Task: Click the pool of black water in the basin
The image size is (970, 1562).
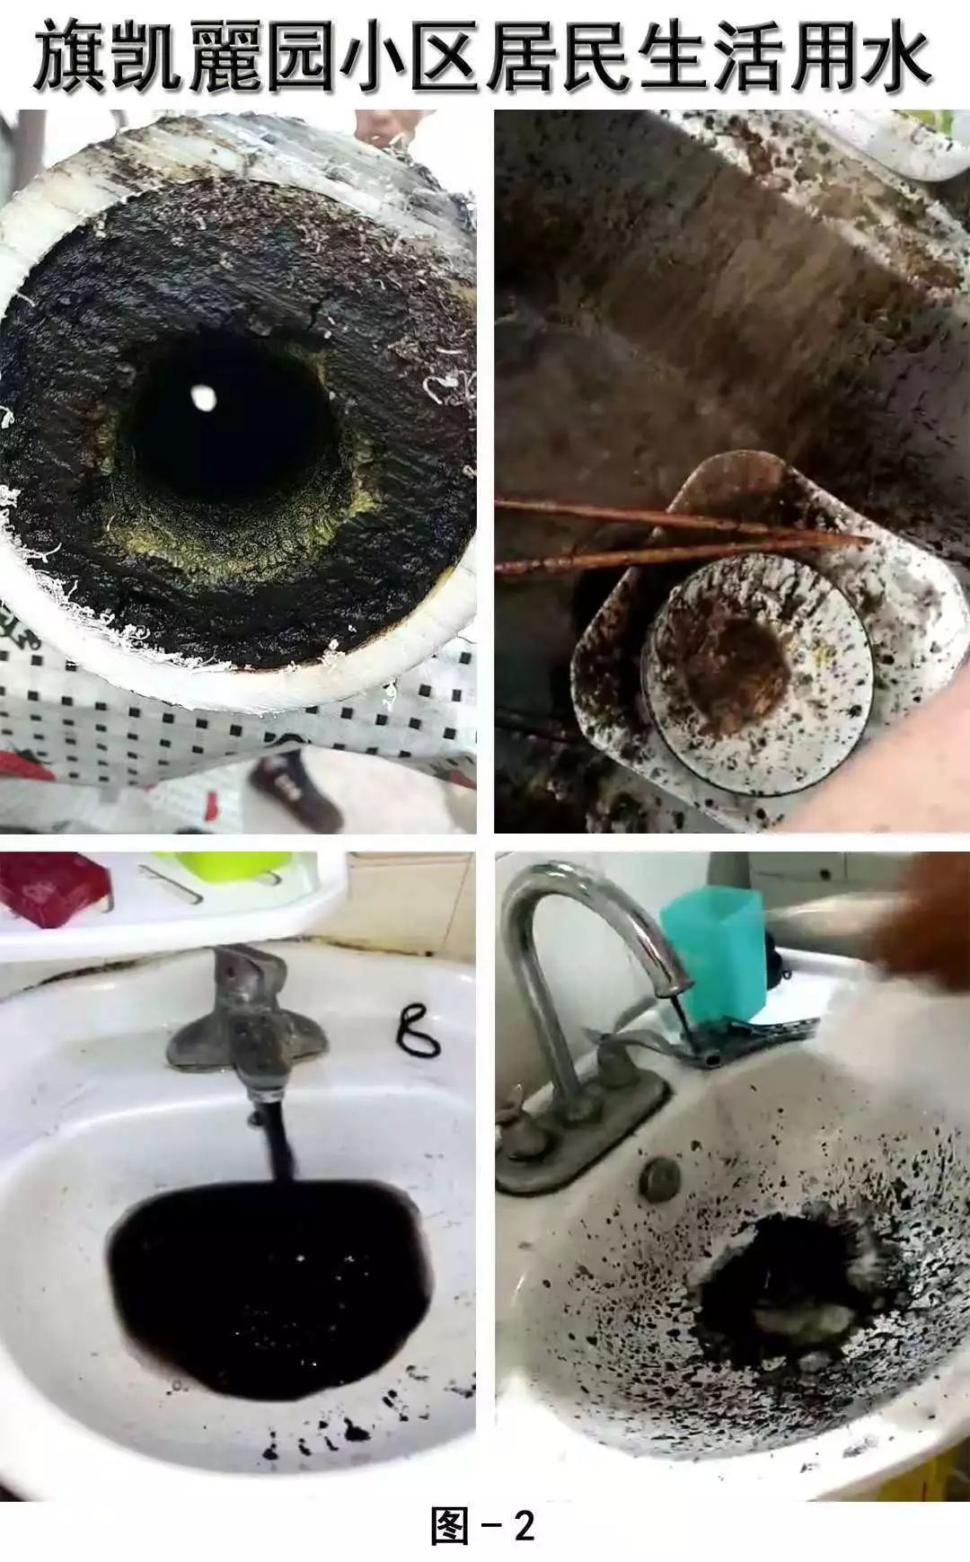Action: click(x=269, y=1275)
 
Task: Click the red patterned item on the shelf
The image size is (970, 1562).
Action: click(x=49, y=885)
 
